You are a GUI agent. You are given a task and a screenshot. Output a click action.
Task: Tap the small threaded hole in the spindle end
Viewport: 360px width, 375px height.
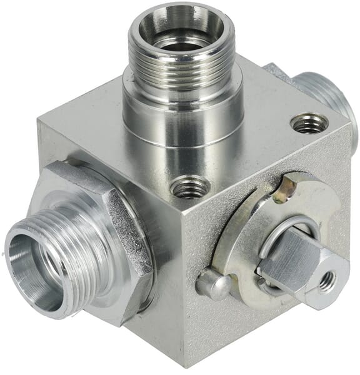pos(326,283)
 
